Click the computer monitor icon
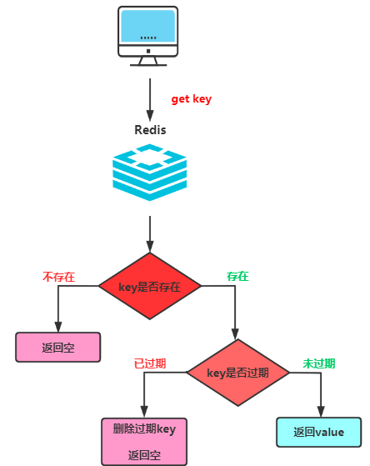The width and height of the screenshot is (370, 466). point(148,36)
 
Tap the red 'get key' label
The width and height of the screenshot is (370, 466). point(192,99)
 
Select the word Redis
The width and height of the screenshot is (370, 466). point(150,130)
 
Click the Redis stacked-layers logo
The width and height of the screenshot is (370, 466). point(149,173)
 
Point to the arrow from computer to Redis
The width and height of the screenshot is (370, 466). point(150,99)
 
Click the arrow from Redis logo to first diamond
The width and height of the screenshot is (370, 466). point(150,234)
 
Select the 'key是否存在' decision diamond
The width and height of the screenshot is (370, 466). point(150,286)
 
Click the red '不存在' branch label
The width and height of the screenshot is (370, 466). point(58,277)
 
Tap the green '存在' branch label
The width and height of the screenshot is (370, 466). point(237,277)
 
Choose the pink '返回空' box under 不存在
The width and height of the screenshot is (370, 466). point(58,347)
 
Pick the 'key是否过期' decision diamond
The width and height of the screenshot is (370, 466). point(237,373)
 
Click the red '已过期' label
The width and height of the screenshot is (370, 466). point(150,363)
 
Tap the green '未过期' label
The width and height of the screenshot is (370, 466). point(319,363)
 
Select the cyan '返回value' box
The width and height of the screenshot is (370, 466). point(319,432)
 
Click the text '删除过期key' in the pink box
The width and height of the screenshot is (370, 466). point(144,428)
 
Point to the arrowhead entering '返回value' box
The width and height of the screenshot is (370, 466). point(321,412)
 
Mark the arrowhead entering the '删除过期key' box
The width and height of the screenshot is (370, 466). point(144,412)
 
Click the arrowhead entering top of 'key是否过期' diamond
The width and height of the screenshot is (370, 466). point(235,333)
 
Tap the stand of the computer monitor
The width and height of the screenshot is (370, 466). point(148,61)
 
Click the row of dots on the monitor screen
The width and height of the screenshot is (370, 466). point(148,38)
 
